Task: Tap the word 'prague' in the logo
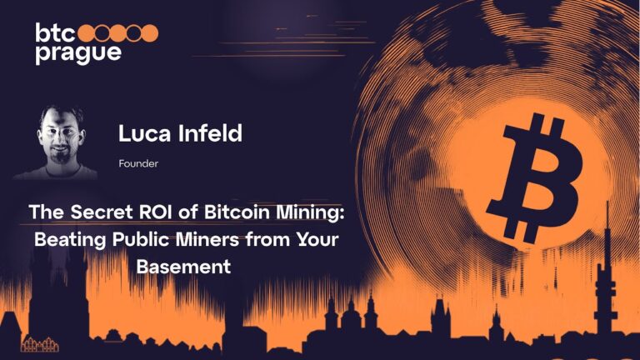[78, 52]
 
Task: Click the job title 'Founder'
[139, 164]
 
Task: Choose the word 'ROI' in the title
[155, 212]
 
